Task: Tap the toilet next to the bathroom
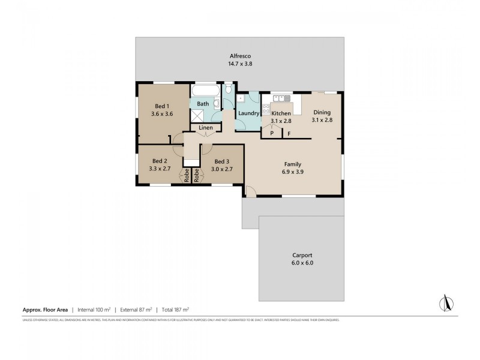[229, 90]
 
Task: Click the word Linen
[205, 128]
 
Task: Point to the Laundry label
[248, 113]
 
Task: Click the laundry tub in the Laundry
[240, 98]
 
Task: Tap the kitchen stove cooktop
[265, 110]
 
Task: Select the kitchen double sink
[280, 97]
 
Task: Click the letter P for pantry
[271, 134]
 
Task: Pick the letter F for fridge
[289, 134]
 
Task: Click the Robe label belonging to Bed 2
[187, 176]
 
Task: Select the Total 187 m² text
[174, 310]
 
